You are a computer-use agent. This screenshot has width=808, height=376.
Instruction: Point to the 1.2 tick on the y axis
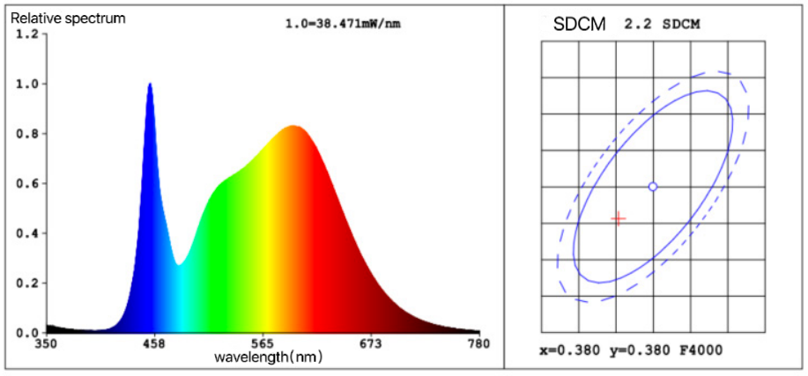pos(27,34)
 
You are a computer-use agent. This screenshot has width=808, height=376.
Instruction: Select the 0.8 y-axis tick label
pos(27,134)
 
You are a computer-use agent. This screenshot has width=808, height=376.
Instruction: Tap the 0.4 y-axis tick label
pos(27,233)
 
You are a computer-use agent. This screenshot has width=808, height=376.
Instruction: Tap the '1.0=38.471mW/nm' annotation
pos(343,24)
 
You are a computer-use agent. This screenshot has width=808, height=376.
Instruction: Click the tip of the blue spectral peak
pos(150,85)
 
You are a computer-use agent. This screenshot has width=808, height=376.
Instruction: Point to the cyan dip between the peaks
pos(179,263)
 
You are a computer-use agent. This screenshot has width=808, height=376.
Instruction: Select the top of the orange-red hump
pos(293,127)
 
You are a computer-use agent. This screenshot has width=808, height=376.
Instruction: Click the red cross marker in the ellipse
pos(619,218)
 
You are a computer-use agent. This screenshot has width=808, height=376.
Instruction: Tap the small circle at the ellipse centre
pos(653,187)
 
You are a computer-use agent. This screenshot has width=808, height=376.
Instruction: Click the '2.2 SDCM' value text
pos(662,24)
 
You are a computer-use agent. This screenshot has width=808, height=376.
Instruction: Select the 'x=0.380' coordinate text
pos(570,350)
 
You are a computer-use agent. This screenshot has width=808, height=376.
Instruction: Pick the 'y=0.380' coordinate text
pos(637,350)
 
